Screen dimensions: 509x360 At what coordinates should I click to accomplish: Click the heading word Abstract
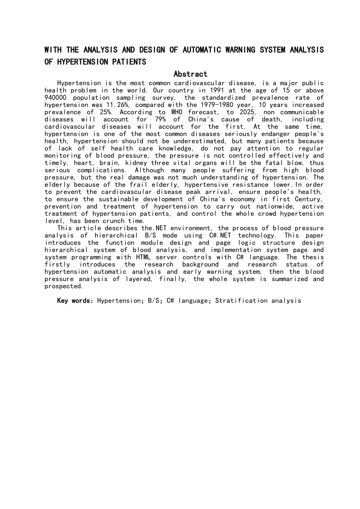tap(190, 74)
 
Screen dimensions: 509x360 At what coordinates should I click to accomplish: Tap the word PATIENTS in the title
tap(128, 62)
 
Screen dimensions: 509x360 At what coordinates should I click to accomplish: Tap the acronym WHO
tap(177, 112)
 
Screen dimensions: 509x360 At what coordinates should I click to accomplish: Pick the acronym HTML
tap(143, 257)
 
